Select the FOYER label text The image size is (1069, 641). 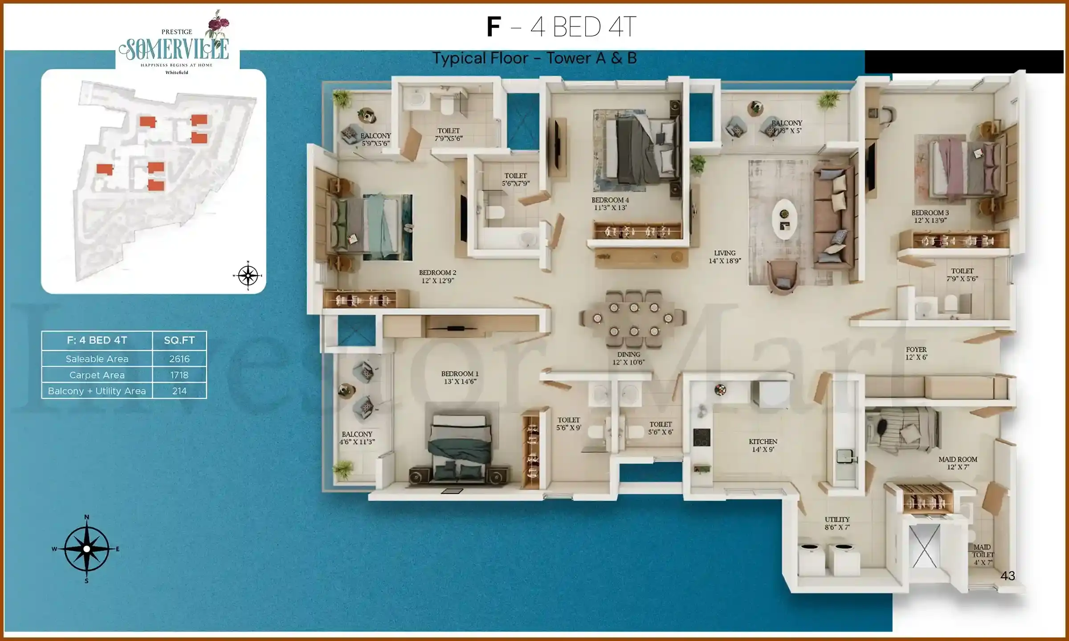(916, 350)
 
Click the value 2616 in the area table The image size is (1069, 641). (179, 359)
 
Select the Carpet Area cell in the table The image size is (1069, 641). (97, 375)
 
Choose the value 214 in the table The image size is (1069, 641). (179, 391)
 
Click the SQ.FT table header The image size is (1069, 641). (179, 341)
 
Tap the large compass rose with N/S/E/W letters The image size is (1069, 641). (87, 549)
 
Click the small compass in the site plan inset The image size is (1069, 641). (248, 276)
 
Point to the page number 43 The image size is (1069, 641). (1008, 576)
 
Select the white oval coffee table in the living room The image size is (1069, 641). (784, 219)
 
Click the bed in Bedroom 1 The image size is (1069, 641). (460, 447)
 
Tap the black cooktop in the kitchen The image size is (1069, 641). (702, 437)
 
